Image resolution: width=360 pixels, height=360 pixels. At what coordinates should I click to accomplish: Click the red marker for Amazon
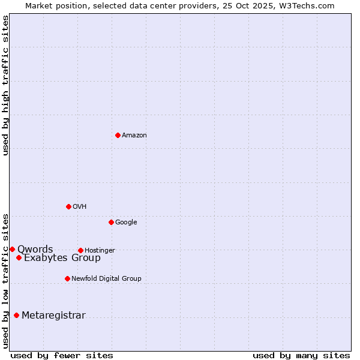coord(118,135)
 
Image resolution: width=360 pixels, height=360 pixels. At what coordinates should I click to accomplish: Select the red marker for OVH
coord(68,206)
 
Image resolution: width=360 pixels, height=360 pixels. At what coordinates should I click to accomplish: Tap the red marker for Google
coord(111,222)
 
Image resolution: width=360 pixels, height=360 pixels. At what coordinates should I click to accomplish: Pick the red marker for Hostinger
coord(80,250)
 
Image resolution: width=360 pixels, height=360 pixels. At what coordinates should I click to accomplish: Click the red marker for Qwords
coord(12,249)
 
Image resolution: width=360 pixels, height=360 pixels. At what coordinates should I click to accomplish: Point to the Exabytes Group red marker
coord(19,257)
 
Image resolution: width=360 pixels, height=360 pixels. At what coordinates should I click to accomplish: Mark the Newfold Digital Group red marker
coord(67,278)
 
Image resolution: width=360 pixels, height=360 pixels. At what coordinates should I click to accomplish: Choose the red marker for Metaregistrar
coord(16,315)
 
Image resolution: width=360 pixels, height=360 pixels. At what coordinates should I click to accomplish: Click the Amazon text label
coord(134,135)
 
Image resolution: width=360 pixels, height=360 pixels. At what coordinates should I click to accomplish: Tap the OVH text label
coord(80,206)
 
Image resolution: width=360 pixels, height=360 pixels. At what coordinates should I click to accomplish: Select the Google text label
coord(126,222)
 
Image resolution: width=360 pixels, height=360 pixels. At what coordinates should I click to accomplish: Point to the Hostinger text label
coord(100,250)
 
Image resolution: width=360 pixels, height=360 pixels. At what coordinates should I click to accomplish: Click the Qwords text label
coord(35,249)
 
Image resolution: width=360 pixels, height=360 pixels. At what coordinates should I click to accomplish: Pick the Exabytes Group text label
coord(62,258)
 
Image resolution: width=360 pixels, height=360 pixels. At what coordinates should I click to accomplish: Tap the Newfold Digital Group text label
coord(106,278)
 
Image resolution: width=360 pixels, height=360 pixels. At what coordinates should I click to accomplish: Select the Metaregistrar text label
coord(53,316)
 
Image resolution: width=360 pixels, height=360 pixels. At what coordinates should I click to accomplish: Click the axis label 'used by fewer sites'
coord(62,355)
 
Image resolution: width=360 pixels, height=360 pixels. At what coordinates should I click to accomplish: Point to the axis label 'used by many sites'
coord(301,355)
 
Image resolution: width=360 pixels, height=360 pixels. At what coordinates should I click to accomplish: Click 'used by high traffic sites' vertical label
coord(5,85)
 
